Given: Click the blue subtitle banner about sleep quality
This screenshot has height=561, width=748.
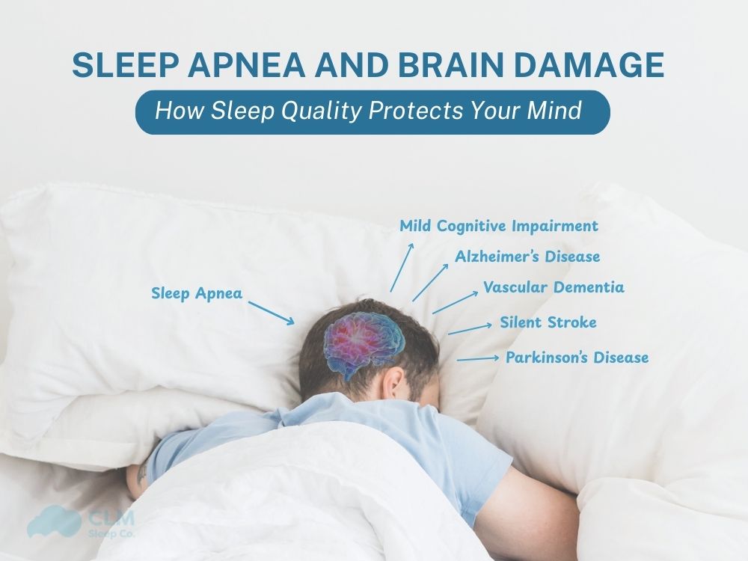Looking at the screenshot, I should coord(372,112).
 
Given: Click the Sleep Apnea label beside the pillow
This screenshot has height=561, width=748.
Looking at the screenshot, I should coord(197,293).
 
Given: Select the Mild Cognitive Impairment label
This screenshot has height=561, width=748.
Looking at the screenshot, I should coord(499,225).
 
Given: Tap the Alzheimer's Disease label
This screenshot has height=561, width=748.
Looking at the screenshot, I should coord(527,257).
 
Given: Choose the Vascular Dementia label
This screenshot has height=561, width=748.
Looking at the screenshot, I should coord(554,287).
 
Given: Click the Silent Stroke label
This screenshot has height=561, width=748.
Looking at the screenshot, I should coord(548,322).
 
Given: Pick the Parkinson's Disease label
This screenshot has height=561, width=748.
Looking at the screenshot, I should coord(577,358).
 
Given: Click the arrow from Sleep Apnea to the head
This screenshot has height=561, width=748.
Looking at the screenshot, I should coord(270,313).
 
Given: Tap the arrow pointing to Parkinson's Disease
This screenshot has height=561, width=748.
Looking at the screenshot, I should coord(477,359).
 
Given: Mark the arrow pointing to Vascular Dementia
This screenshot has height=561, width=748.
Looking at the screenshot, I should coord(454,302).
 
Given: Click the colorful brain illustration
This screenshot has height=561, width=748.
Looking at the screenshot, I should coord(364,341).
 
